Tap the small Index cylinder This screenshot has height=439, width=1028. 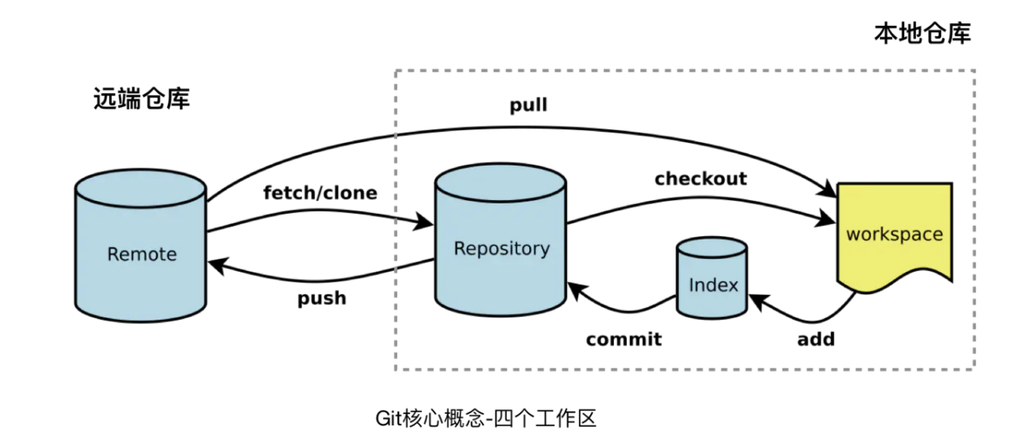[713, 277]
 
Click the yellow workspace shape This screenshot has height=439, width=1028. [894, 234]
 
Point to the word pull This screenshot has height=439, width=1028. [528, 105]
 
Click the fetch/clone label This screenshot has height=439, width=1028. [320, 193]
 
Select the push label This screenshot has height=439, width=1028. [322, 298]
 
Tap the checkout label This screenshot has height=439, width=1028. [700, 178]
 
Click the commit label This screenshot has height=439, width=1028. [623, 339]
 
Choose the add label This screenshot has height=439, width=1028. [816, 339]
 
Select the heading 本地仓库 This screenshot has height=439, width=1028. [922, 34]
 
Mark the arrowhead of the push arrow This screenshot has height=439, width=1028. [216, 265]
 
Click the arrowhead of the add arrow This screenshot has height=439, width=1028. [757, 301]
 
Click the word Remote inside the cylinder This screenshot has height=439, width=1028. [142, 254]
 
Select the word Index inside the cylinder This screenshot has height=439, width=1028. [713, 285]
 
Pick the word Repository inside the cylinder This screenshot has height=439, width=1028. [501, 248]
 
